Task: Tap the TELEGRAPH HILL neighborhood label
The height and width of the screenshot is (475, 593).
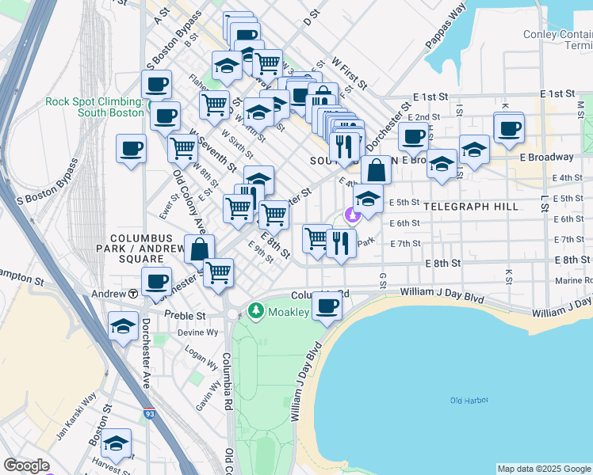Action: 471,207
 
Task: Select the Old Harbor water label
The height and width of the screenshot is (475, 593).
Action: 467,401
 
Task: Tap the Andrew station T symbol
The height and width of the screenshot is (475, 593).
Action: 133,294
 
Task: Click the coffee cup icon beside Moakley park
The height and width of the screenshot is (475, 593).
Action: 327,306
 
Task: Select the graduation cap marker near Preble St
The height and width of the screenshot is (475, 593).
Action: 123,325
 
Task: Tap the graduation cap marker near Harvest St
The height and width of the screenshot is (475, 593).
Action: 117,444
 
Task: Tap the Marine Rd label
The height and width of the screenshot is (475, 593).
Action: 573,280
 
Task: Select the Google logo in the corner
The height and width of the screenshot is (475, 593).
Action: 26,465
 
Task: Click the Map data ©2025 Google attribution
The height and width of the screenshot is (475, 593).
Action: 543,469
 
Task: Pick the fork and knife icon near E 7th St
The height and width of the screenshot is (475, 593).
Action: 340,243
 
